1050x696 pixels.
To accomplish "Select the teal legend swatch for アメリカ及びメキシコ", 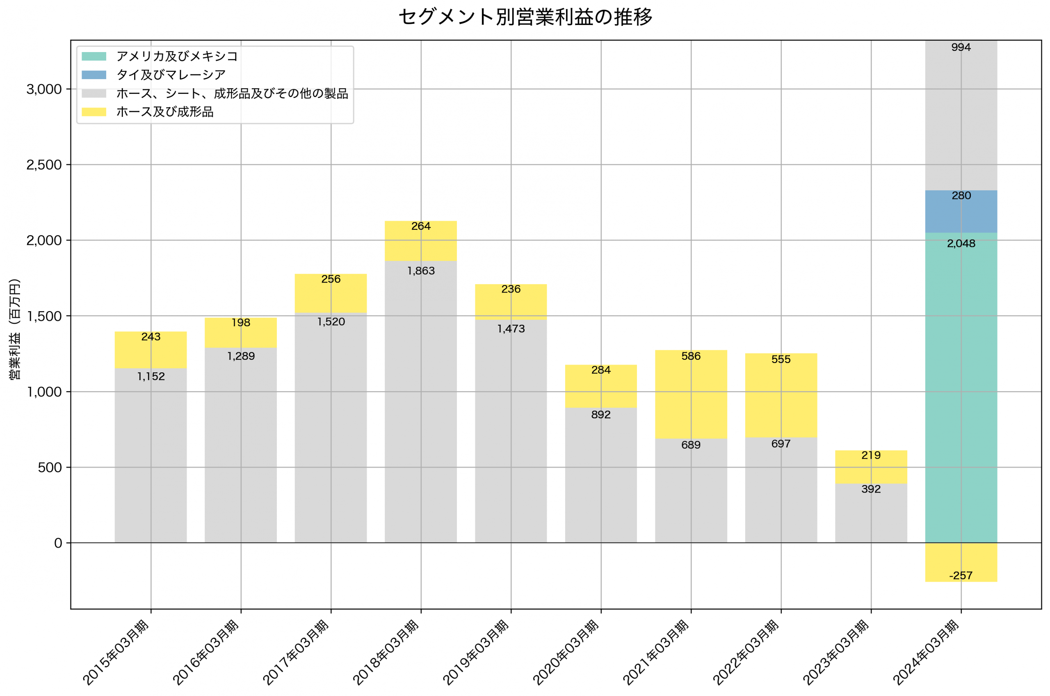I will [94, 56].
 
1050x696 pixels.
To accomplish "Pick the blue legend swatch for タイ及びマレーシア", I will [94, 75].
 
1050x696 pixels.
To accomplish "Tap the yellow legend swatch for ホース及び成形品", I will [94, 112].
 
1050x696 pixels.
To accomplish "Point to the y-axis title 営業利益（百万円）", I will [15, 329].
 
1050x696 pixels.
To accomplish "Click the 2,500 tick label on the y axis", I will [44, 165].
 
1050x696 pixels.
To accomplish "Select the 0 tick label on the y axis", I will [58, 543].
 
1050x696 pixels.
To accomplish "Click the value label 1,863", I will [421, 271].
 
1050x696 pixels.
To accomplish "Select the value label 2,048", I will [961, 244].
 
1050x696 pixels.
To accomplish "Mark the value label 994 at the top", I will [961, 48].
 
